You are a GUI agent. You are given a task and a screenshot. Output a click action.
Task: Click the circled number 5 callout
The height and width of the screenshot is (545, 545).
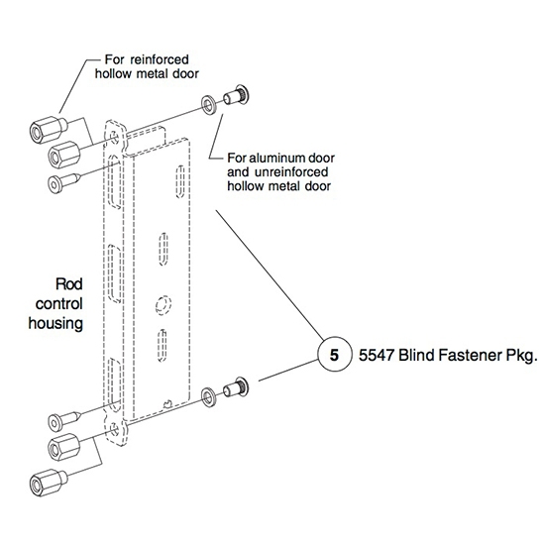click(334, 355)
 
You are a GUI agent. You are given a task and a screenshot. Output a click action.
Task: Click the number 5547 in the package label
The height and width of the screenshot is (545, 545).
click(377, 355)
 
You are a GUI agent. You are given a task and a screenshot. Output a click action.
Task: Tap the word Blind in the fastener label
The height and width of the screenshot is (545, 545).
click(416, 355)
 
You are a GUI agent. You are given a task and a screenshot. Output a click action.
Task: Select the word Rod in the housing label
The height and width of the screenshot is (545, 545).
click(69, 284)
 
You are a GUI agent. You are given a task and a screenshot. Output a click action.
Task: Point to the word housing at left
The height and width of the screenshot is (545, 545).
click(55, 324)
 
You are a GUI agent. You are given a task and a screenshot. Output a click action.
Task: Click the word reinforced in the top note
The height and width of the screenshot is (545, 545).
click(160, 59)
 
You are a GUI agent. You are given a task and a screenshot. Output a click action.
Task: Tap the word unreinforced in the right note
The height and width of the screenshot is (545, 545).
click(291, 172)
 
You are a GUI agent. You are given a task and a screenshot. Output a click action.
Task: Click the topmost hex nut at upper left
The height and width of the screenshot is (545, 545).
click(49, 129)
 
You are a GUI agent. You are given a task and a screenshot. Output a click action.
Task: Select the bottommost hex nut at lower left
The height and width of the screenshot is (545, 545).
click(49, 482)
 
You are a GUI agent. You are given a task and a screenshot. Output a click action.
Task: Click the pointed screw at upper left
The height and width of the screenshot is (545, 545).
click(64, 182)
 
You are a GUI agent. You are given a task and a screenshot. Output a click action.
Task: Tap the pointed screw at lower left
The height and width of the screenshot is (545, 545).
click(64, 420)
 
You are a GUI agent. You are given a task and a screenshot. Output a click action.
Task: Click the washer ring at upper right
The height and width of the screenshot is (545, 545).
click(208, 104)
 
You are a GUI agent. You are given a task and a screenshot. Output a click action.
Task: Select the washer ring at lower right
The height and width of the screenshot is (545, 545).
click(208, 396)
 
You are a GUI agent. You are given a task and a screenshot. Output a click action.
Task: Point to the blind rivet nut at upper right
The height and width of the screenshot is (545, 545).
click(236, 94)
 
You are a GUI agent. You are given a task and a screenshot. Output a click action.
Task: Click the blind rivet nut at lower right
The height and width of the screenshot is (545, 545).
click(236, 386)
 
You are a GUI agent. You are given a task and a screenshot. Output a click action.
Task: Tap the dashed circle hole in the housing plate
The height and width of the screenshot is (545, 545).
click(163, 304)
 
